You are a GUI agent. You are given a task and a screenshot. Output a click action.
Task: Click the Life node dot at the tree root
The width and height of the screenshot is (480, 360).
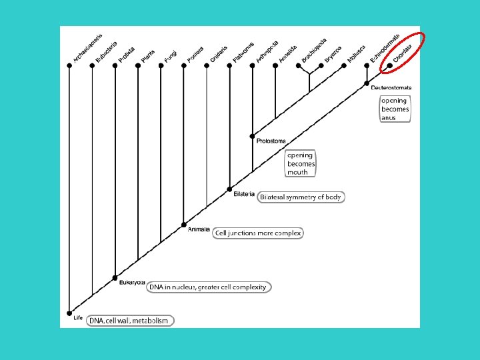click(x=69, y=313)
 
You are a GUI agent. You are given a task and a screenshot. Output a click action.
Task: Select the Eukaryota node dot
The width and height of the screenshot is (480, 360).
click(x=115, y=277)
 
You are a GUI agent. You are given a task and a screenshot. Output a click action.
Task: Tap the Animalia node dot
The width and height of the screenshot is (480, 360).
click(x=183, y=224)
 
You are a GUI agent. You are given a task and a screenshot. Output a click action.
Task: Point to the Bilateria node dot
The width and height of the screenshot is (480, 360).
click(x=229, y=189)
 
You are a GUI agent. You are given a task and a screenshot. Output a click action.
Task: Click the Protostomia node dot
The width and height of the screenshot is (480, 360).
click(x=252, y=135)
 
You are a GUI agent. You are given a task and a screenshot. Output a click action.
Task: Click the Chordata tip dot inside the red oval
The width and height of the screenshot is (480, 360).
click(x=390, y=65)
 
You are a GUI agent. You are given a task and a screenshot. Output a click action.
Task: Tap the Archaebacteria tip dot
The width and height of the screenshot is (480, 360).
click(x=69, y=65)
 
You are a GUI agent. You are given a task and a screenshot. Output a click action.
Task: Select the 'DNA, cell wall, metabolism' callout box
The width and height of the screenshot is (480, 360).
click(x=131, y=321)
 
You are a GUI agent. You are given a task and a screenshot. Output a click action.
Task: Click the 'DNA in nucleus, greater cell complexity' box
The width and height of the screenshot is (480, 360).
click(x=207, y=287)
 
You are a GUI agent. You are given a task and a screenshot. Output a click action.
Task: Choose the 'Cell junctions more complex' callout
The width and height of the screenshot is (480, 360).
click(x=258, y=233)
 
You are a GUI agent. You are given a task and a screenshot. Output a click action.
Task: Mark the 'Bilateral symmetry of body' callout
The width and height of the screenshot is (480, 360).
click(x=301, y=197)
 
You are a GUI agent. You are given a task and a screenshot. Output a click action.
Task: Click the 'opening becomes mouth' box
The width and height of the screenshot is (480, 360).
click(x=301, y=163)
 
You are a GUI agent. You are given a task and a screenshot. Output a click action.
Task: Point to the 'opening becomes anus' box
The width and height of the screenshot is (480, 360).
click(x=395, y=109)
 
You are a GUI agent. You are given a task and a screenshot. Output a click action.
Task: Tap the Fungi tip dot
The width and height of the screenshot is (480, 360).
click(x=161, y=65)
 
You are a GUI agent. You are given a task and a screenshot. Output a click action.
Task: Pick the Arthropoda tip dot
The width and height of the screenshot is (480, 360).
click(x=252, y=65)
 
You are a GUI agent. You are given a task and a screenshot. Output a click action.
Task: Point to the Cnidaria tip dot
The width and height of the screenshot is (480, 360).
click(x=207, y=65)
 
